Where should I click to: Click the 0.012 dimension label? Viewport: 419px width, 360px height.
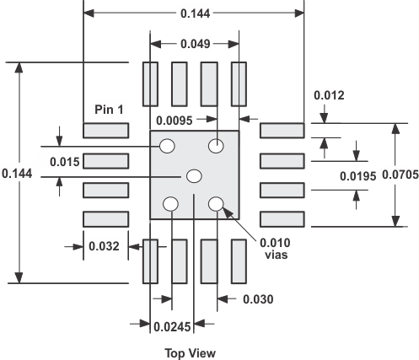[x=329, y=95]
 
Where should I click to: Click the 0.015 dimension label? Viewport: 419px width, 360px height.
[x=64, y=161]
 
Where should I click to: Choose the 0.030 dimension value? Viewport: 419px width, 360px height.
[x=259, y=299]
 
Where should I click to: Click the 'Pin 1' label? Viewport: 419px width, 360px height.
[x=110, y=110]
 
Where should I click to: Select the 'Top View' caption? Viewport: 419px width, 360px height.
[x=193, y=353]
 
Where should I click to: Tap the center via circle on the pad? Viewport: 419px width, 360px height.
[x=194, y=175]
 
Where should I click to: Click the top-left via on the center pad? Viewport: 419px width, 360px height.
[x=168, y=146]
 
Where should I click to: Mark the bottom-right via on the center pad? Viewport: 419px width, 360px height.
[x=216, y=202]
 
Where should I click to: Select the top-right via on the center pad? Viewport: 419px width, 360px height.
[x=218, y=146]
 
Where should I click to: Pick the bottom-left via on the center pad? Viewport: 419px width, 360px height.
[x=170, y=203]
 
